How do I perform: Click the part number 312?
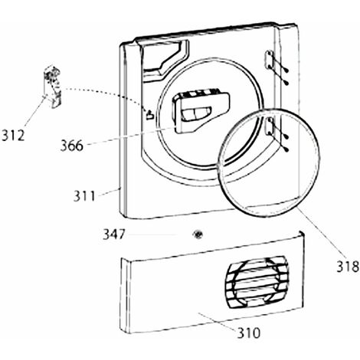13,136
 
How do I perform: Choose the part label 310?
248,333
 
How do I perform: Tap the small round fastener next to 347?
198,234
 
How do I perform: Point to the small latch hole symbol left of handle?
150,115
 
